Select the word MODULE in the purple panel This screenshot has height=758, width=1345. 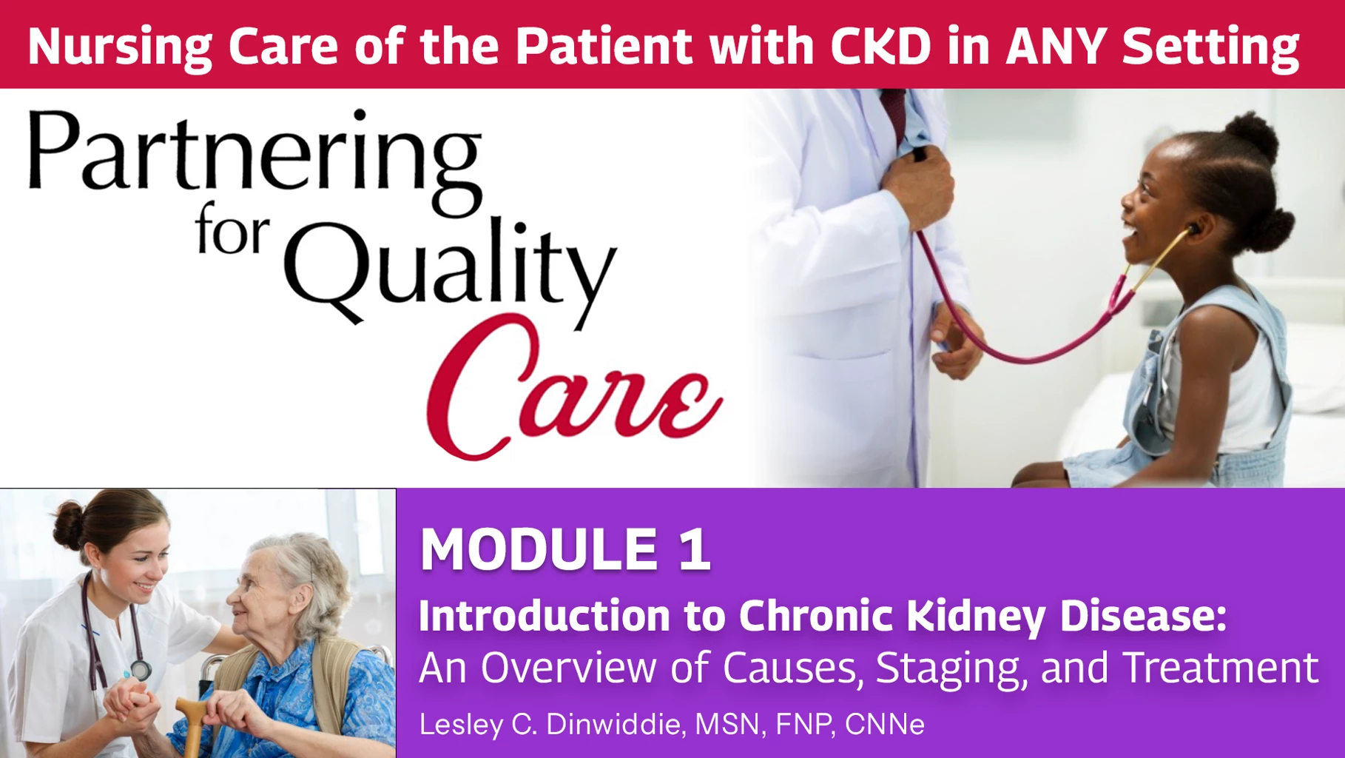pyautogui.click(x=539, y=549)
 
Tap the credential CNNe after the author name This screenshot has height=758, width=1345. pyautogui.click(x=884, y=724)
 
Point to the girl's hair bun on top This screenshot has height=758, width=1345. pyautogui.click(x=1250, y=137)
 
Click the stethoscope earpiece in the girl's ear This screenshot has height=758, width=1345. pyautogui.click(x=1193, y=229)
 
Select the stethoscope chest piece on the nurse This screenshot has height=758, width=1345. pyautogui.click(x=140, y=670)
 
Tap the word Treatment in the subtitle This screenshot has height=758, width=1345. pyautogui.click(x=1221, y=668)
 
